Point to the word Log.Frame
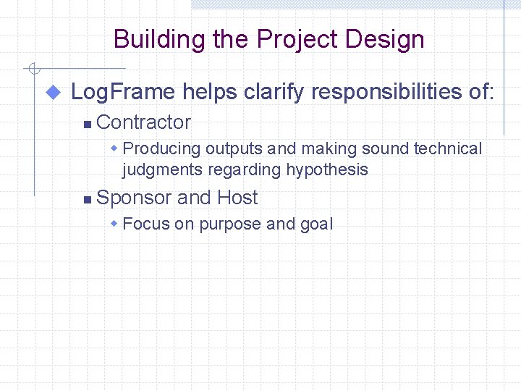[123, 92]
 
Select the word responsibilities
[383, 92]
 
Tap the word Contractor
[143, 122]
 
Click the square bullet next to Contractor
[87, 125]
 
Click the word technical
[447, 149]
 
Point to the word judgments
[163, 170]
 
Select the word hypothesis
[327, 170]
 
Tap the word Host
[237, 198]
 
